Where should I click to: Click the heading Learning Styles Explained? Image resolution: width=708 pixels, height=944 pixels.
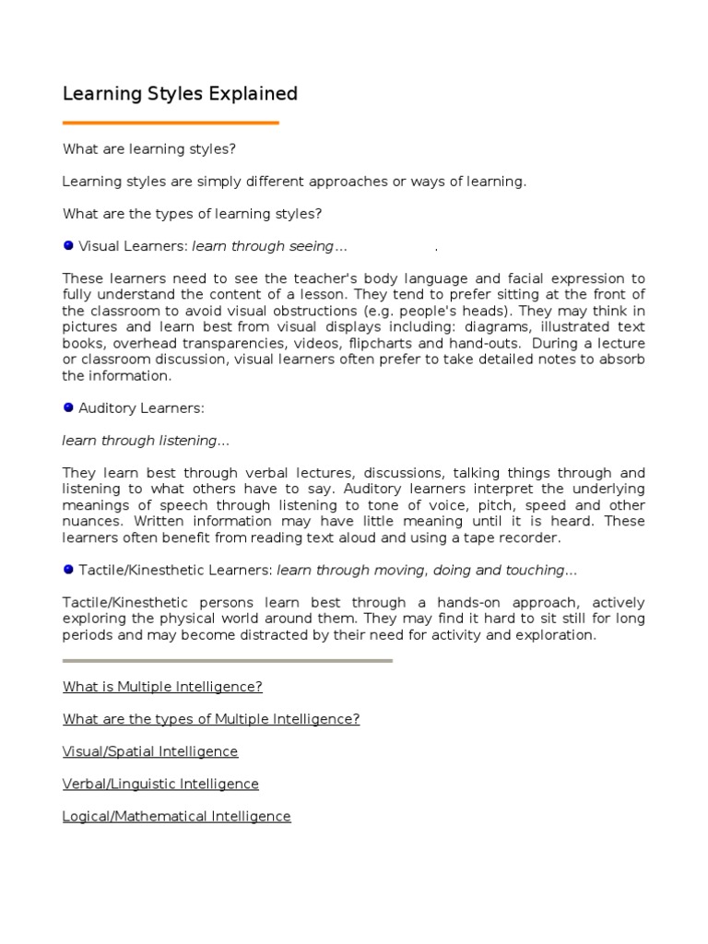180,94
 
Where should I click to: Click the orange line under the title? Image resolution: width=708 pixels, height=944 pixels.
171,123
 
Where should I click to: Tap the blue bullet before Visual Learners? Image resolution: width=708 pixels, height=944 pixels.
68,245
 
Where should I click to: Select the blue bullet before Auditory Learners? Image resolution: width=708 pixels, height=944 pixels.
68,407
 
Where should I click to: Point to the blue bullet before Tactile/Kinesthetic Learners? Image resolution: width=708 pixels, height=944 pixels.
68,570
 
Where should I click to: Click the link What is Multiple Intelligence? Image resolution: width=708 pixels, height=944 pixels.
162,687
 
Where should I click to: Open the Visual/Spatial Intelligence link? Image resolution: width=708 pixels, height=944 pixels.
150,751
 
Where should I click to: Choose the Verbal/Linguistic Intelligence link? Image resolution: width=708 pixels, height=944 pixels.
160,784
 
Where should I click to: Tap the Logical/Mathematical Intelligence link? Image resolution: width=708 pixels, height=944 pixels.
177,816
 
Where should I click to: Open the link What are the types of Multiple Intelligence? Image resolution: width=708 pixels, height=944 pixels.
211,719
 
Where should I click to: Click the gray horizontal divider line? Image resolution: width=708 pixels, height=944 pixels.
228,660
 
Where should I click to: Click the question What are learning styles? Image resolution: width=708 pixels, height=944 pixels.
149,149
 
